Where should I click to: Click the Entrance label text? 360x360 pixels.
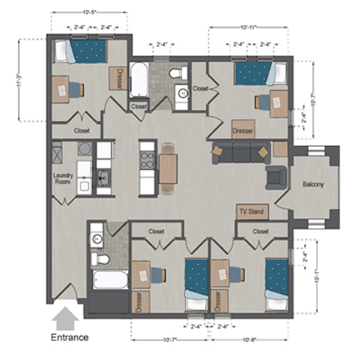pos(70,336)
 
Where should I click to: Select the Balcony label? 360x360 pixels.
pos(312,184)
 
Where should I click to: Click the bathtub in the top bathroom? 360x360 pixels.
pos(138,81)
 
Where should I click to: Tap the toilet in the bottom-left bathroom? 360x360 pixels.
pos(100,258)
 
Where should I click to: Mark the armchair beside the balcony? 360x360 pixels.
pos(275,176)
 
